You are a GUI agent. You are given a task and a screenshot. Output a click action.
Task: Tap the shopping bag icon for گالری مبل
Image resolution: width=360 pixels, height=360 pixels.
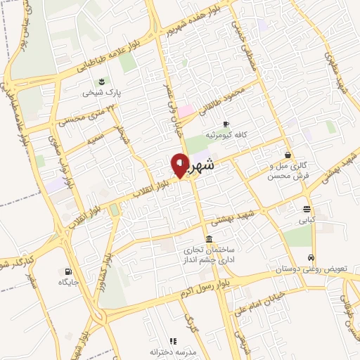[x=288, y=155]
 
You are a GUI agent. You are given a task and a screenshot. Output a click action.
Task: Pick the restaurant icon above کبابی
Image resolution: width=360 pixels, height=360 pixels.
[x=307, y=209]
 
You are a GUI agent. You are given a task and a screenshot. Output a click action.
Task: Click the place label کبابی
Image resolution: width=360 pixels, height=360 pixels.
[x=307, y=220]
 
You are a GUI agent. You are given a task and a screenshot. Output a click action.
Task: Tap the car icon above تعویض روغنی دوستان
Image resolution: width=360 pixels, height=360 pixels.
[x=311, y=259]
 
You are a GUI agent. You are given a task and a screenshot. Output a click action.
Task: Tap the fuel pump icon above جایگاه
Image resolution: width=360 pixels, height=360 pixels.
[x=67, y=271]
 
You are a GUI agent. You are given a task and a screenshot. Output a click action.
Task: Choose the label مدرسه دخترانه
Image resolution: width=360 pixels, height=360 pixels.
[x=173, y=352]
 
